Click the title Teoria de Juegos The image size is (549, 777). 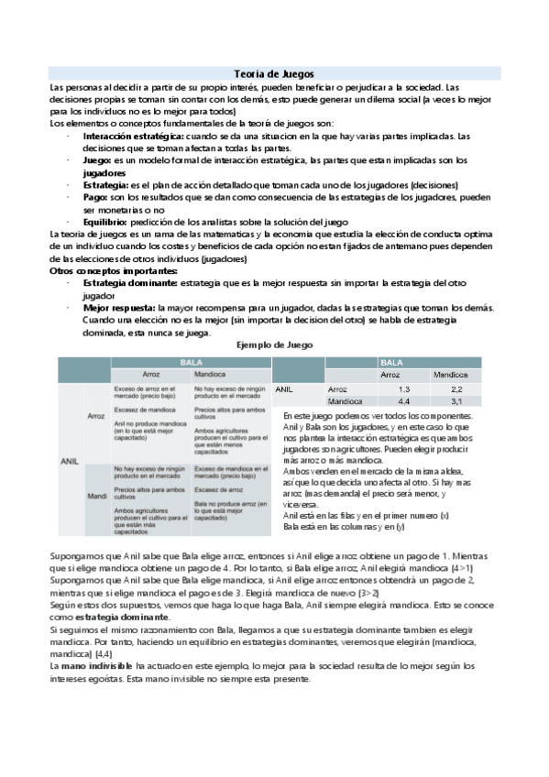[x=274, y=72]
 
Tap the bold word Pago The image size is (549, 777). [x=95, y=196]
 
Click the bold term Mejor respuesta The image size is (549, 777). [x=119, y=309]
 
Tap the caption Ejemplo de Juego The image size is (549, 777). [x=275, y=345]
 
